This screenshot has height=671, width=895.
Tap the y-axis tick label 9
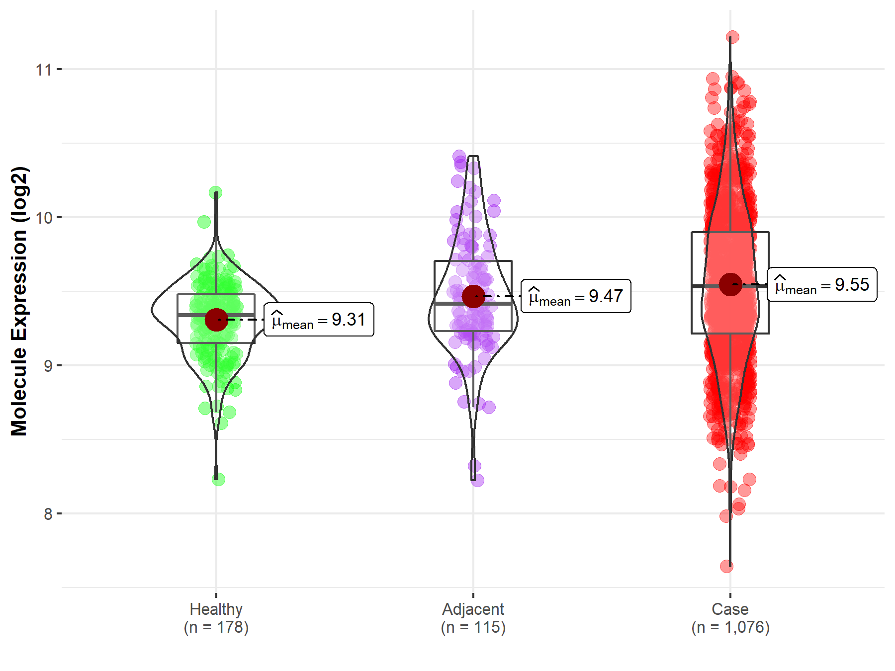click(x=48, y=366)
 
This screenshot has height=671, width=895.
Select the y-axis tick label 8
click(x=48, y=514)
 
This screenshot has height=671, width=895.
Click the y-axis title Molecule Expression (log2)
click(x=19, y=301)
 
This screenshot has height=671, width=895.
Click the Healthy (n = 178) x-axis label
click(x=216, y=618)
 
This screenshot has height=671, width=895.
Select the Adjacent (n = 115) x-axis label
click(x=473, y=618)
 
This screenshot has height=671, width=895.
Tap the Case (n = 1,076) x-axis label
click(x=730, y=618)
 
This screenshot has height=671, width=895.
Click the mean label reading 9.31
click(x=319, y=320)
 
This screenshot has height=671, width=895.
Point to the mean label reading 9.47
click(x=576, y=296)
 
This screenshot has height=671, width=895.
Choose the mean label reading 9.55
click(x=822, y=285)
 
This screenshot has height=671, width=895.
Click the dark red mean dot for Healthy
click(x=216, y=320)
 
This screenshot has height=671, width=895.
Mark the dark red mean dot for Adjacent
click(x=473, y=296)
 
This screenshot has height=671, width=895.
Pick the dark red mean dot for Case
click(x=730, y=285)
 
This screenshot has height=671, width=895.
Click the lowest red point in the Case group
click(x=726, y=566)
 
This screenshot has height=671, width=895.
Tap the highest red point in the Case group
click(x=732, y=37)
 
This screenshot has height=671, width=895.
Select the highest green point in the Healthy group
click(x=215, y=193)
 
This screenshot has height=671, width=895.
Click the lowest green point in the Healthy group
click(x=218, y=479)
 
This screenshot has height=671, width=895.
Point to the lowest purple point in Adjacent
click(x=477, y=480)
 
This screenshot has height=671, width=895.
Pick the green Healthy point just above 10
click(x=204, y=222)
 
